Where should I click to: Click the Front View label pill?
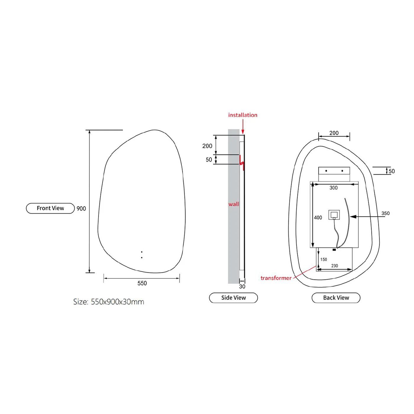point(50,208)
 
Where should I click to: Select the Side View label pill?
point(233,298)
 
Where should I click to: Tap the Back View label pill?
point(336,298)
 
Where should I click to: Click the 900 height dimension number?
point(81,208)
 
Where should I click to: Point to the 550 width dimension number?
point(142,283)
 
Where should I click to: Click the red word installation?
point(243,115)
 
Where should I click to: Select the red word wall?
point(234,204)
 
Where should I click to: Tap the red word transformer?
point(276,278)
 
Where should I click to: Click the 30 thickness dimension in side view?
point(242,287)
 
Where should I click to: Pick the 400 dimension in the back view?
point(318,218)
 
